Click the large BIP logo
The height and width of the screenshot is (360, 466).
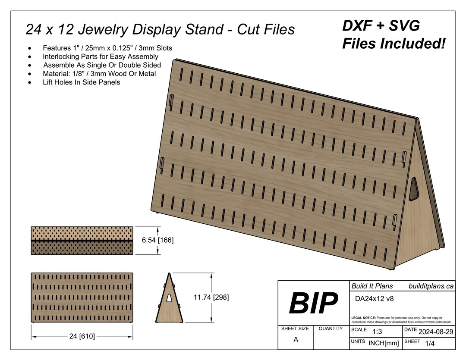[x=313, y=303]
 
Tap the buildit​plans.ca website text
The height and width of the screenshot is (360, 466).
[x=431, y=286]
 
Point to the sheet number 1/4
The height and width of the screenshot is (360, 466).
[x=430, y=343]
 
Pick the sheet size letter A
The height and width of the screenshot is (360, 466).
[x=296, y=339]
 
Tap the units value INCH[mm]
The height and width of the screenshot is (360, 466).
[x=384, y=343]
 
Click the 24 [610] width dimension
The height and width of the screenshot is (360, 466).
[x=82, y=336]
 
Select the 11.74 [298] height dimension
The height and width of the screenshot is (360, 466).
[x=211, y=297]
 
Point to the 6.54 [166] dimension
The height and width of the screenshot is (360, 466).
[x=158, y=240]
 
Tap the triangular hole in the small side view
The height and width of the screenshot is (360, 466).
[x=170, y=297]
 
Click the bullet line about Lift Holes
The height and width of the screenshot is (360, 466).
[x=81, y=82]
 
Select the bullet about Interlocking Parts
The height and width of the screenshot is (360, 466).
[x=100, y=56]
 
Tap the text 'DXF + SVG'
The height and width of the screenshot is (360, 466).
[x=381, y=26]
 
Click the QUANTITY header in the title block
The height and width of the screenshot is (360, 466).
[x=331, y=329]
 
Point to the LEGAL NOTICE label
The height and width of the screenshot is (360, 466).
[x=364, y=317]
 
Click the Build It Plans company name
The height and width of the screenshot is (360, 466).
[x=372, y=286]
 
